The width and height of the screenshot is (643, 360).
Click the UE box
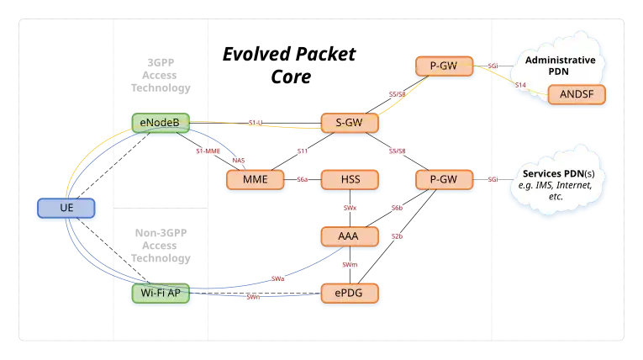(67, 207)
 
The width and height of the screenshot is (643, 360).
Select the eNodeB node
(160, 123)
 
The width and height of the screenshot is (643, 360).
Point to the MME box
(255, 179)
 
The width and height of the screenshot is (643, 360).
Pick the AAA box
(349, 236)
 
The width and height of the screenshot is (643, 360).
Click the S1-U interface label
(256, 124)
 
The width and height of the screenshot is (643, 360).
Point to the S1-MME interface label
(208, 151)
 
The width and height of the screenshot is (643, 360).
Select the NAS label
(238, 160)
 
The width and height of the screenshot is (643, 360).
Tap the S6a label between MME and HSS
(303, 179)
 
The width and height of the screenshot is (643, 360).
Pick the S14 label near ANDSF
(520, 86)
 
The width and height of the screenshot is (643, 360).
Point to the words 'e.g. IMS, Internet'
(557, 184)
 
